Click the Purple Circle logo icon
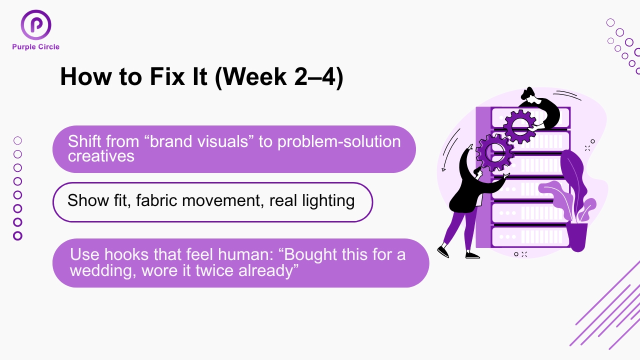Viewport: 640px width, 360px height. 36,25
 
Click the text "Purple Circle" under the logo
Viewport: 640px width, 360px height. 36,47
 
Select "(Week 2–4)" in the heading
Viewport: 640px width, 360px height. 279,77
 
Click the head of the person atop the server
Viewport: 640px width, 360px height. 528,93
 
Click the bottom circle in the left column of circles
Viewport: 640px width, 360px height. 17,235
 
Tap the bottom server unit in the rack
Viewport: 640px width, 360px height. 530,236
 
